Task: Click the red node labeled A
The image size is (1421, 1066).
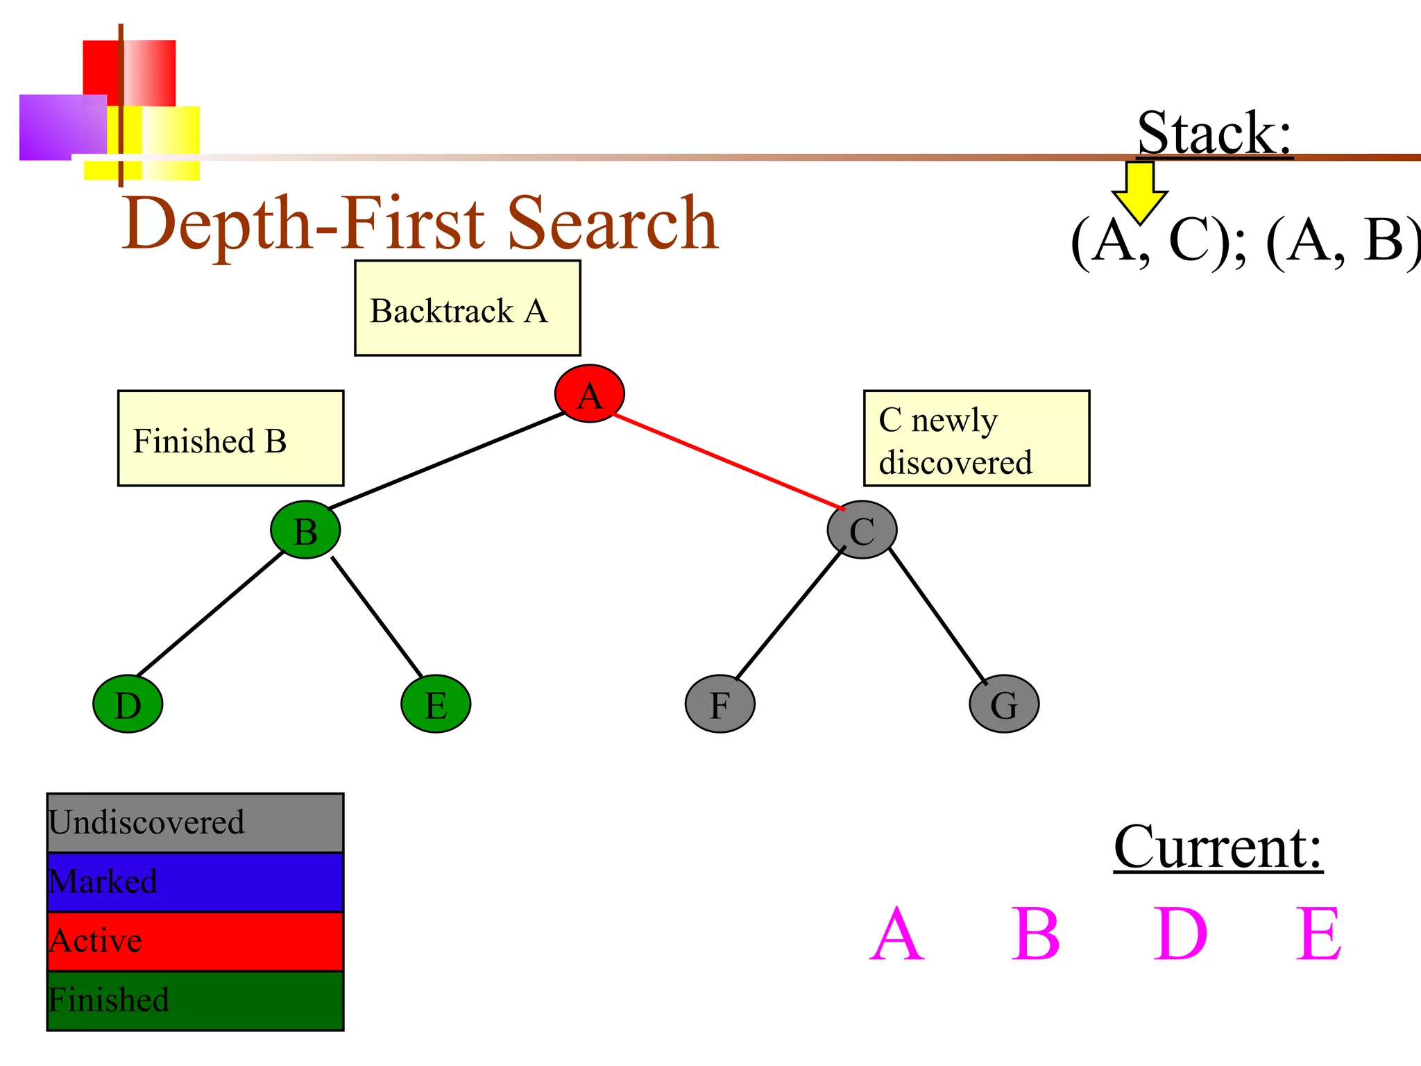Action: tap(589, 394)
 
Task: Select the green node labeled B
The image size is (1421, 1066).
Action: tap(305, 530)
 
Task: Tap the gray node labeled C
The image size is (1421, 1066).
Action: tap(862, 530)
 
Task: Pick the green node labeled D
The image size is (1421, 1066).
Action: tap(128, 704)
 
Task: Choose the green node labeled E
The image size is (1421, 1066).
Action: tap(436, 704)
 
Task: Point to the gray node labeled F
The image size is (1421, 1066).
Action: tap(720, 704)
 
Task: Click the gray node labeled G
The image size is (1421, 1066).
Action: tap(1004, 704)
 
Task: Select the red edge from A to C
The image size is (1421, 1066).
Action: tap(729, 462)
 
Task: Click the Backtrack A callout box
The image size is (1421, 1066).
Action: tap(467, 308)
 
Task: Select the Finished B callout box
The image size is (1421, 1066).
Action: tap(230, 438)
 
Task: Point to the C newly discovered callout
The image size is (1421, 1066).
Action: tap(976, 438)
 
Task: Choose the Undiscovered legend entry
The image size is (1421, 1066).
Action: tap(195, 823)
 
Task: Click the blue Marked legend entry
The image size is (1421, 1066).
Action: tap(195, 882)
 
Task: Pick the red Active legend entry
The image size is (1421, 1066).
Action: tap(195, 941)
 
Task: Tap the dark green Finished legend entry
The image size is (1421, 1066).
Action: tap(195, 1000)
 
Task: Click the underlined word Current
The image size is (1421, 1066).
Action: tap(1218, 847)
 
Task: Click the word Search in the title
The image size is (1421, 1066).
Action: tap(613, 223)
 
